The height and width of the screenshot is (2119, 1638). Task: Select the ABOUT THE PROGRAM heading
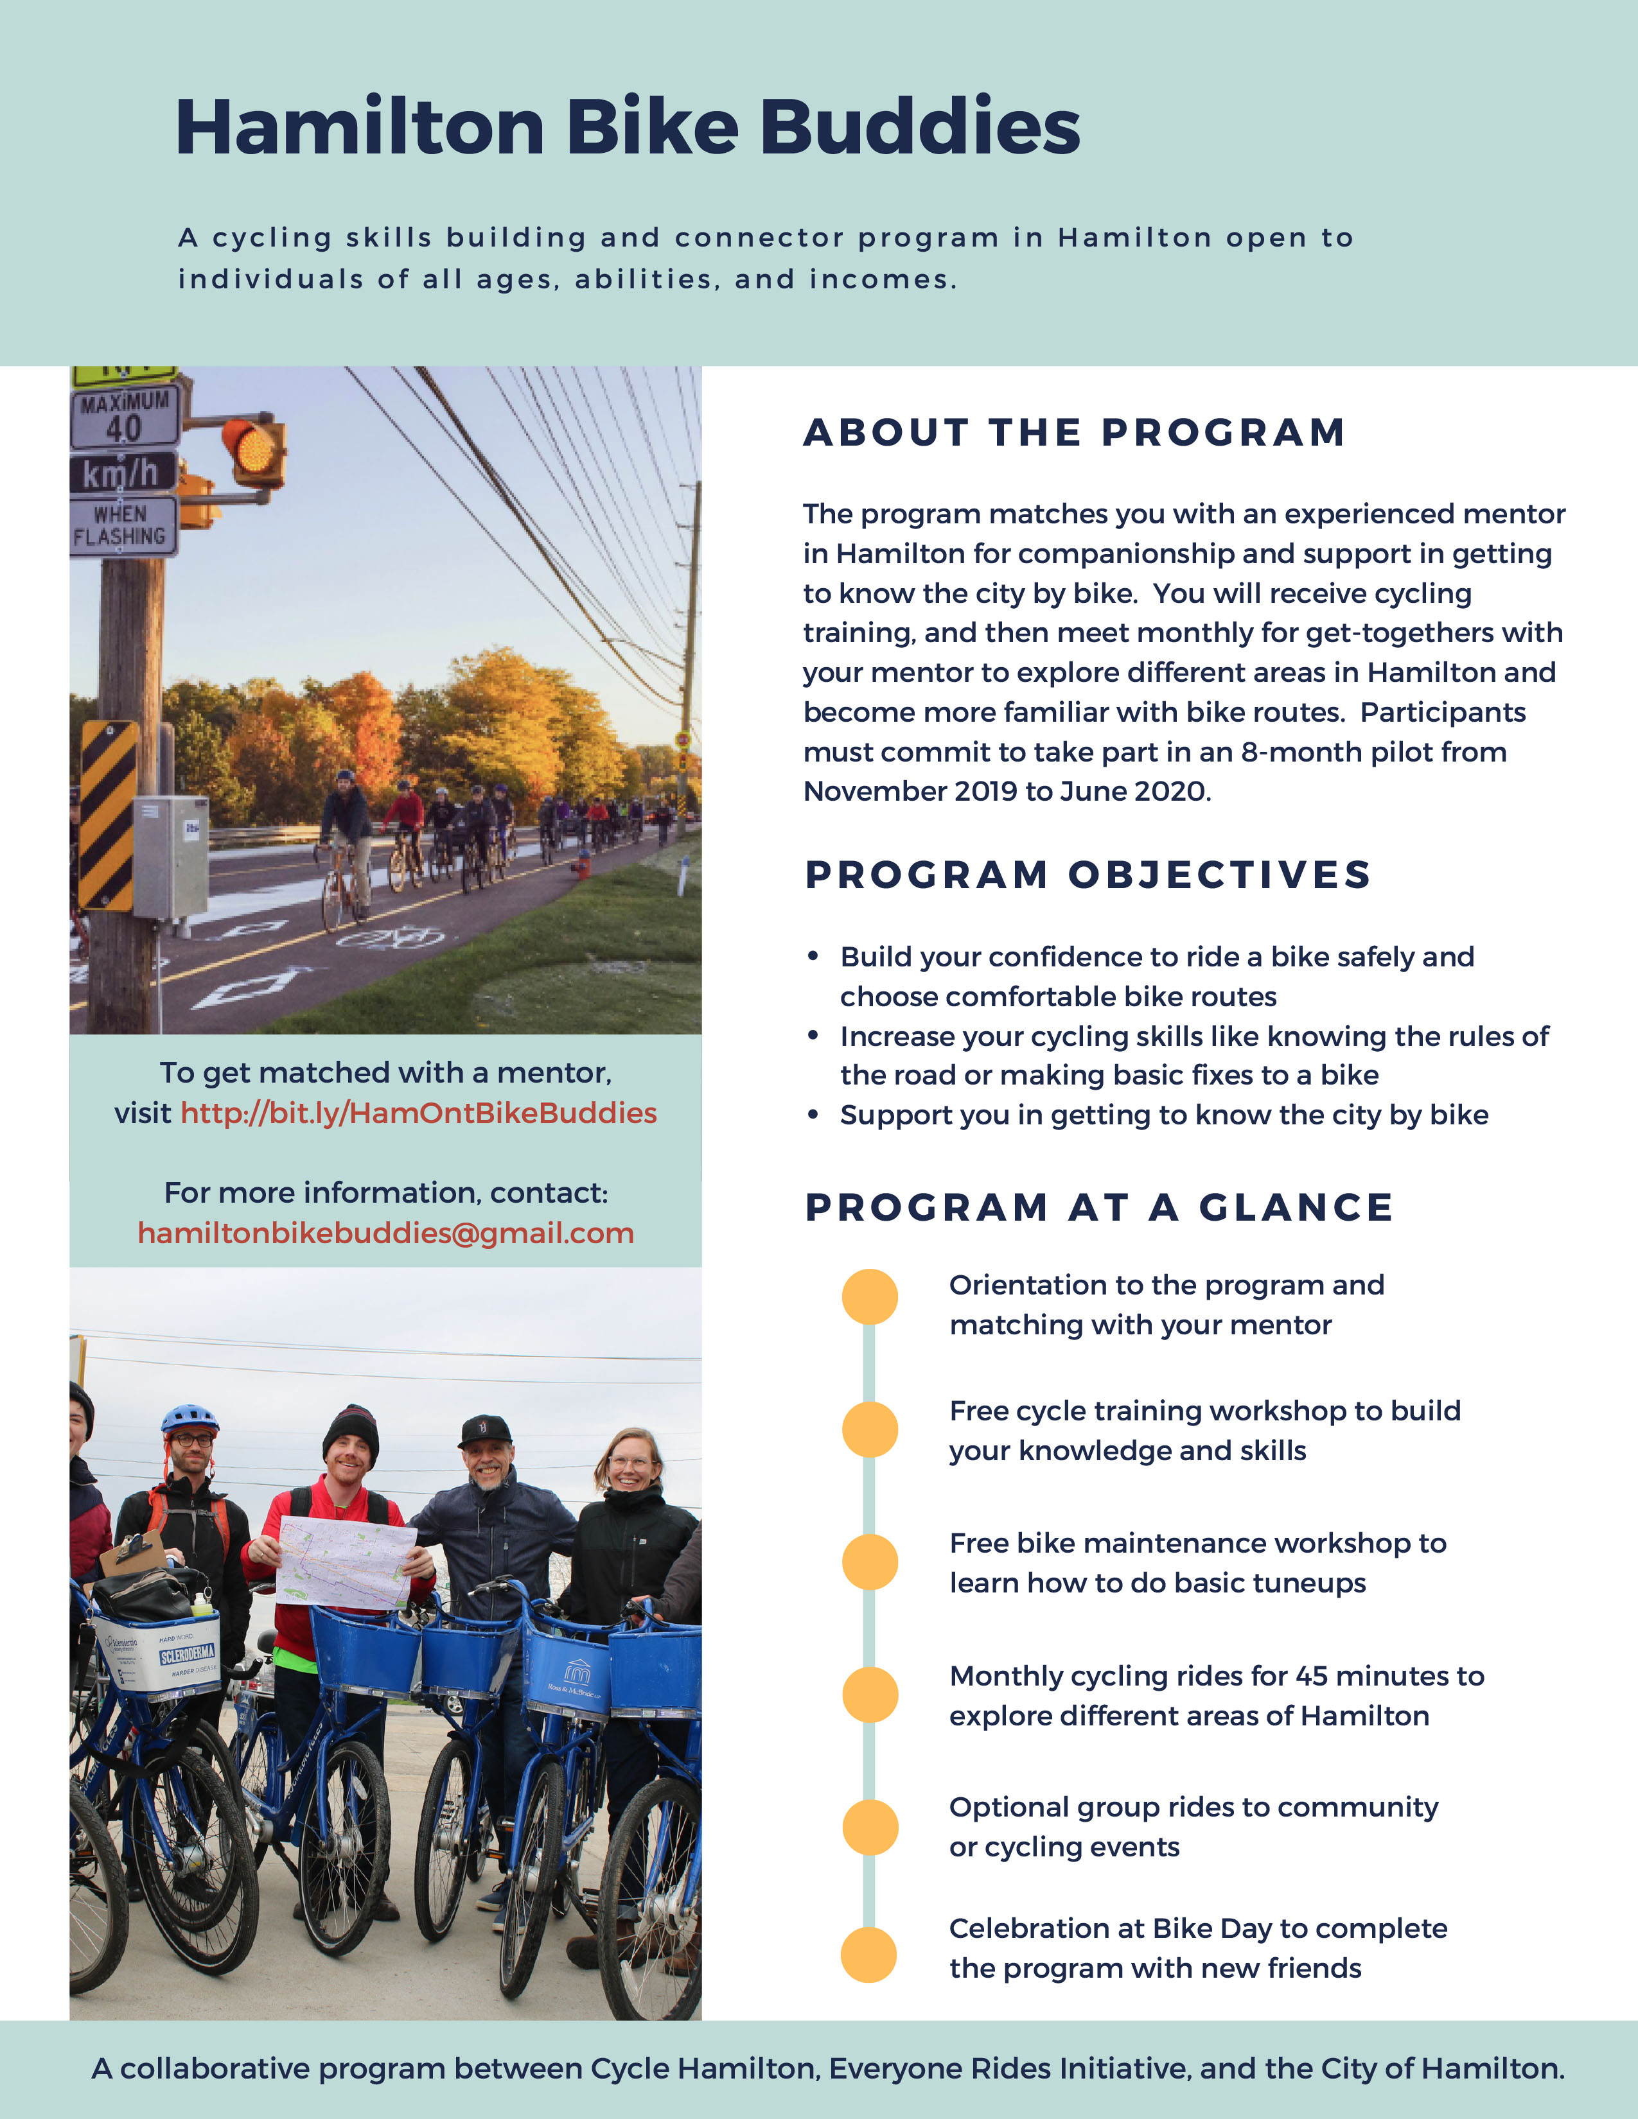pos(1074,433)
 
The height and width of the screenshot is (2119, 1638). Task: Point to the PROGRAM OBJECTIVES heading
pos(1088,875)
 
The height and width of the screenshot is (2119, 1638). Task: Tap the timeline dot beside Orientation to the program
pos(870,1297)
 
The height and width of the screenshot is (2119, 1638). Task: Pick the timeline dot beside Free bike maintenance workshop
pos(870,1562)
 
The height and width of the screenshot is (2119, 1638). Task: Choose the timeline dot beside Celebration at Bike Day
pos(870,1955)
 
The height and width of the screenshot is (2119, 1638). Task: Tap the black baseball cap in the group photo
pos(485,1429)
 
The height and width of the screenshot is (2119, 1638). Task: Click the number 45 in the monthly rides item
pos(1311,1677)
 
